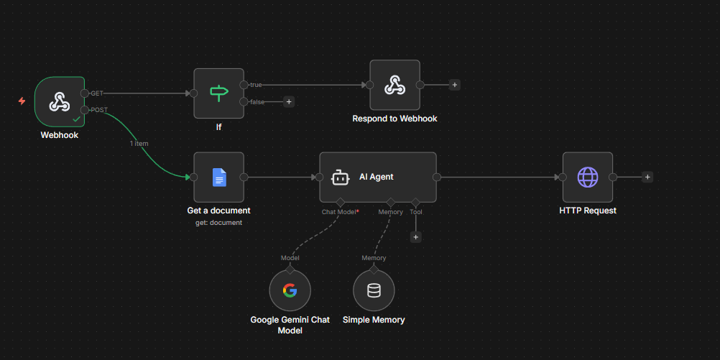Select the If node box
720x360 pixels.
(x=218, y=93)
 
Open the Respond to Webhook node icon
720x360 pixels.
(x=394, y=85)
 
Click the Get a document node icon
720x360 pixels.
(x=218, y=177)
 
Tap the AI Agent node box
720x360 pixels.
(x=377, y=177)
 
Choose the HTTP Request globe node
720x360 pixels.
(x=587, y=177)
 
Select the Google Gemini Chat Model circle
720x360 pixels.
(x=290, y=290)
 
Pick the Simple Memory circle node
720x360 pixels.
(x=374, y=290)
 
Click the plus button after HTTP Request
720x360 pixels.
(x=647, y=177)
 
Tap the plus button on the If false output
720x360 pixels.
(x=289, y=102)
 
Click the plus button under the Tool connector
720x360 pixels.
(x=415, y=236)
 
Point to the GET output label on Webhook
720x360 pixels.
(x=97, y=93)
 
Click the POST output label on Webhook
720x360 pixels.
(x=99, y=110)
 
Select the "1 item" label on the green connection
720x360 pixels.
(x=139, y=144)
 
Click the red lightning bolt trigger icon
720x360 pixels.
(x=22, y=101)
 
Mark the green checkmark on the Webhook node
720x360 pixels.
(x=76, y=118)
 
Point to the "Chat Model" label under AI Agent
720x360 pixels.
(x=339, y=212)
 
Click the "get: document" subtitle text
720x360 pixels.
(x=218, y=223)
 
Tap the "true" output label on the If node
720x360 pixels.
(x=256, y=85)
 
